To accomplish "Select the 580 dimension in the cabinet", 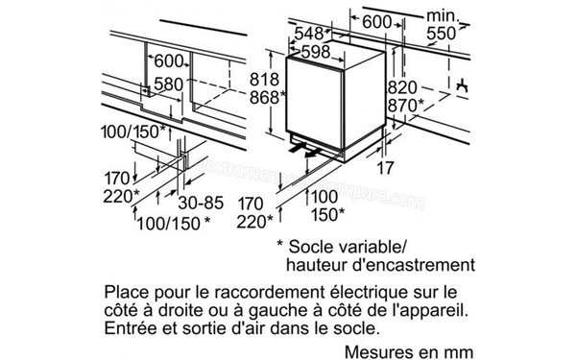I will [169, 84].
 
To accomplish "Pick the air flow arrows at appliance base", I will [308, 150].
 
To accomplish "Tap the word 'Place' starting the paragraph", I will [121, 290].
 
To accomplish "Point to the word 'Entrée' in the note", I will [124, 331].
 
